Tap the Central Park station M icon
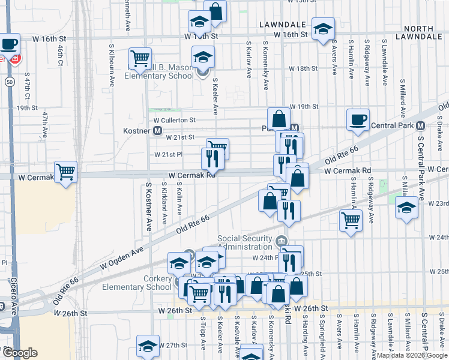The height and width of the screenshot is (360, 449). [420, 125]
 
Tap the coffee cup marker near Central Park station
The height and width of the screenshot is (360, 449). [358, 119]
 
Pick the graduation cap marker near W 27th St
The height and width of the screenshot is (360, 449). [148, 346]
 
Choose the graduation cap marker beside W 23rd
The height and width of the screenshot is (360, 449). [406, 208]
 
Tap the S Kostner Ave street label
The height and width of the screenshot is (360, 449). [148, 208]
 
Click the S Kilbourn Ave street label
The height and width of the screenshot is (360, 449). [112, 64]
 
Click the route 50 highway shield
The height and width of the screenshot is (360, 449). [9, 81]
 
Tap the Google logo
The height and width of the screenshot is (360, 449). [20, 353]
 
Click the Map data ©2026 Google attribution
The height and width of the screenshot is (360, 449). [412, 355]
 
